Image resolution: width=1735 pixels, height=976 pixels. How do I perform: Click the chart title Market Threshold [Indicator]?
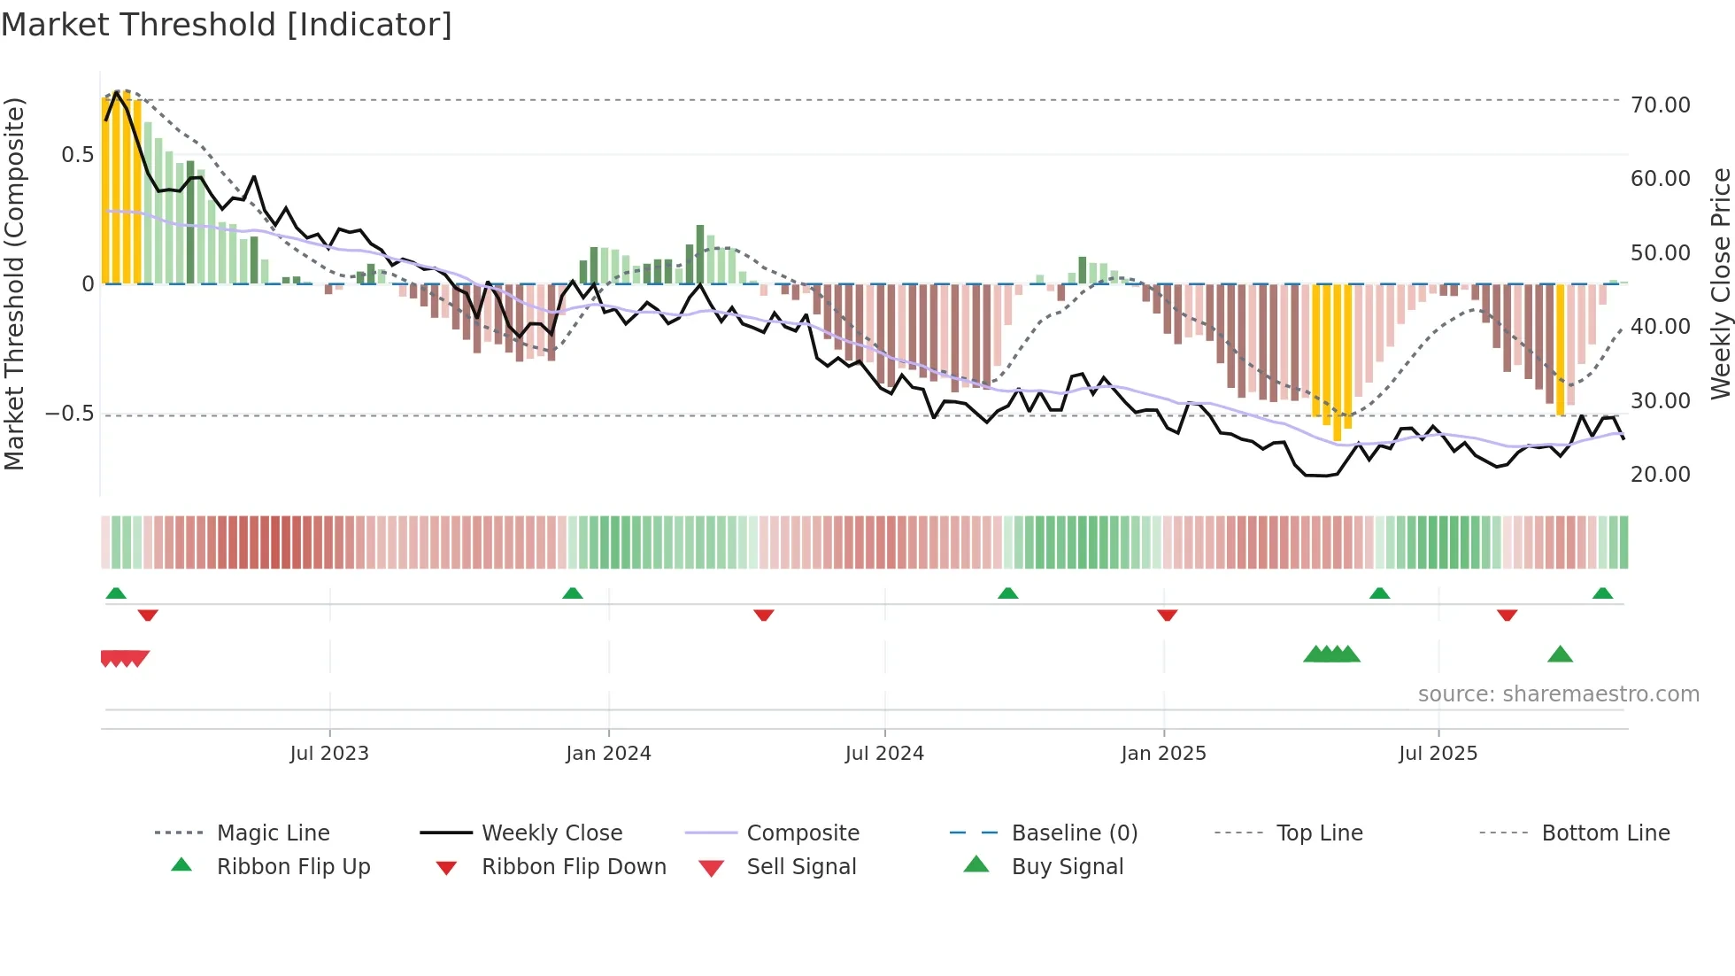(227, 25)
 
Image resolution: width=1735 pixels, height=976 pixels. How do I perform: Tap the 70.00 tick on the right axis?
(1660, 105)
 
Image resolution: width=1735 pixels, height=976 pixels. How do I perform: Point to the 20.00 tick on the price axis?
(1660, 475)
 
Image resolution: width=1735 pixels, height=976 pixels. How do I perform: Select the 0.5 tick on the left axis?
(77, 155)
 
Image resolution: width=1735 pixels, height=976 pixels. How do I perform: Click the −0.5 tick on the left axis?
(69, 414)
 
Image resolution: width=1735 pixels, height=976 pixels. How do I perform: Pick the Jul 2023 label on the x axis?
(328, 754)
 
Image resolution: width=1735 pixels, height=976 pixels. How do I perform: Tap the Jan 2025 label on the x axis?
(1162, 754)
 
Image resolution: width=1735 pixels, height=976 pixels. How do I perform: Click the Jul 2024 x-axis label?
(883, 754)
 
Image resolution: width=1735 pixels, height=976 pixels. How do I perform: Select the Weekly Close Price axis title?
(1720, 283)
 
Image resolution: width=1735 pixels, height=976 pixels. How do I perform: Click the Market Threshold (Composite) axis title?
(14, 283)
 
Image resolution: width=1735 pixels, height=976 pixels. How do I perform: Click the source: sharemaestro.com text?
(1558, 694)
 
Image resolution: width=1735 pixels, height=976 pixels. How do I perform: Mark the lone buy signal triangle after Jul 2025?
(1560, 655)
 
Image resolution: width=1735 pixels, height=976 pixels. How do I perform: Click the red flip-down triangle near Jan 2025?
(1167, 615)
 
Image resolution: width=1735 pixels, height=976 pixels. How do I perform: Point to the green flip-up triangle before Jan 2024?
(572, 593)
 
